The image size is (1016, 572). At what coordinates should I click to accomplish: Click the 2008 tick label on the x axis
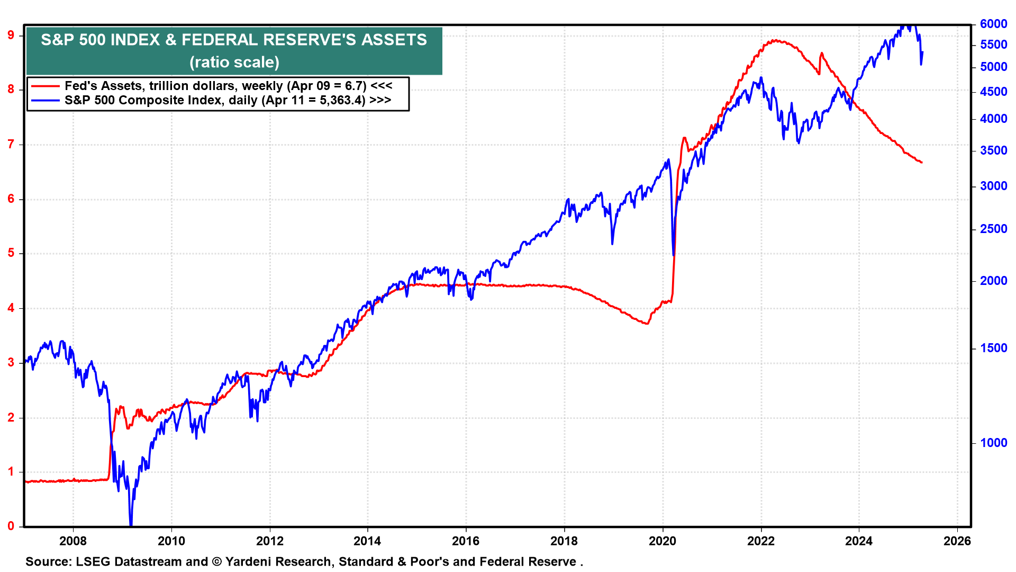(x=73, y=541)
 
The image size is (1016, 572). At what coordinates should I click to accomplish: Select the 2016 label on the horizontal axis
(x=466, y=541)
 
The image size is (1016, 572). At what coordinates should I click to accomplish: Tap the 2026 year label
(x=957, y=541)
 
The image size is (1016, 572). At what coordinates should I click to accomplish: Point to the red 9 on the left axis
(x=11, y=35)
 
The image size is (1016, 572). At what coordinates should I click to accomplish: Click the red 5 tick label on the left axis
(x=11, y=253)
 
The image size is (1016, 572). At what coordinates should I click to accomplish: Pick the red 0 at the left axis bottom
(x=11, y=526)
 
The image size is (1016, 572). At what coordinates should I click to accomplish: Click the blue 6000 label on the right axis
(x=993, y=24)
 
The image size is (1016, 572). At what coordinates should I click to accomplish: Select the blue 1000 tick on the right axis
(x=993, y=443)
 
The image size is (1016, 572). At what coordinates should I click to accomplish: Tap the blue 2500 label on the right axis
(x=993, y=229)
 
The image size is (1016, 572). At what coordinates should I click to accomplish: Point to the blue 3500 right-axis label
(x=993, y=150)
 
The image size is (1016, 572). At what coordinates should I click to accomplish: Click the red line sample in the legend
(x=45, y=86)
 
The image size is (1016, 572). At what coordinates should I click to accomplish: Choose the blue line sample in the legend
(x=45, y=100)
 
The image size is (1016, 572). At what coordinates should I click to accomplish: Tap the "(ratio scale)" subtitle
(x=234, y=62)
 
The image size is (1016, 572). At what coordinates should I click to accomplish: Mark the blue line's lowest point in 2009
(x=130, y=524)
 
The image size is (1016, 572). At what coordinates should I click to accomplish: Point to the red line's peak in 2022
(x=776, y=40)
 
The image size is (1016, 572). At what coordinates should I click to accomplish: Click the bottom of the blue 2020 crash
(x=674, y=255)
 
